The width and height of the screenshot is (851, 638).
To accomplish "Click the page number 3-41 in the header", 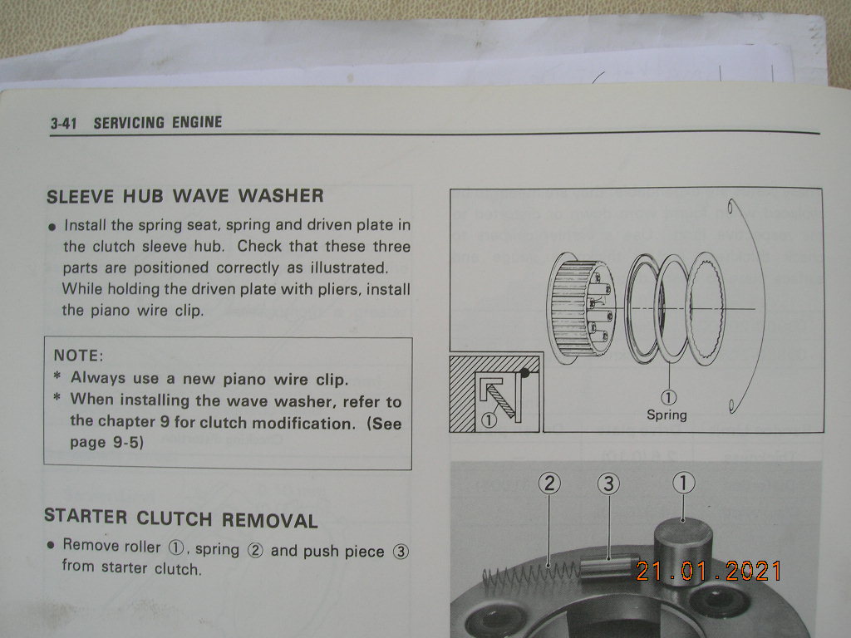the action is (x=63, y=123).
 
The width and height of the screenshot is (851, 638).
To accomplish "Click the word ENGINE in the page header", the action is (x=197, y=122).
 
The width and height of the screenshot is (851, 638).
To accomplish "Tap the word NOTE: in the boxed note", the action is (x=78, y=356).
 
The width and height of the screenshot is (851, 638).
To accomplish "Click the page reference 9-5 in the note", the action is (x=125, y=442).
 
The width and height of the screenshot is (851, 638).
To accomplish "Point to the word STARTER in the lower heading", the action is (x=86, y=516).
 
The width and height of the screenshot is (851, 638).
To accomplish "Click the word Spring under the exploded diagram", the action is (x=667, y=415).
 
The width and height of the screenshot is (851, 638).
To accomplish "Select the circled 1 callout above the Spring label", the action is (x=668, y=398).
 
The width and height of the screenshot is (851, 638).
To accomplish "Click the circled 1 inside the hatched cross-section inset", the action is (x=489, y=420).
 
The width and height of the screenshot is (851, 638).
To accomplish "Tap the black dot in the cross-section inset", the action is (x=524, y=373).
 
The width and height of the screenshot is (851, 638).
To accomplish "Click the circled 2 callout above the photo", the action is (x=549, y=483).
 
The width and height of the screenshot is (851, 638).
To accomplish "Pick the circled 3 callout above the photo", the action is (x=608, y=483).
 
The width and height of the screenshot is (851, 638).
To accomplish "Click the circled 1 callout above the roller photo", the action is (x=683, y=483).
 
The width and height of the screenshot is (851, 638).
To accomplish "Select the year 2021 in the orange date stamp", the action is (x=753, y=571).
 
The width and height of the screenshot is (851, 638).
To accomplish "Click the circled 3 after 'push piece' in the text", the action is (x=401, y=552).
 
